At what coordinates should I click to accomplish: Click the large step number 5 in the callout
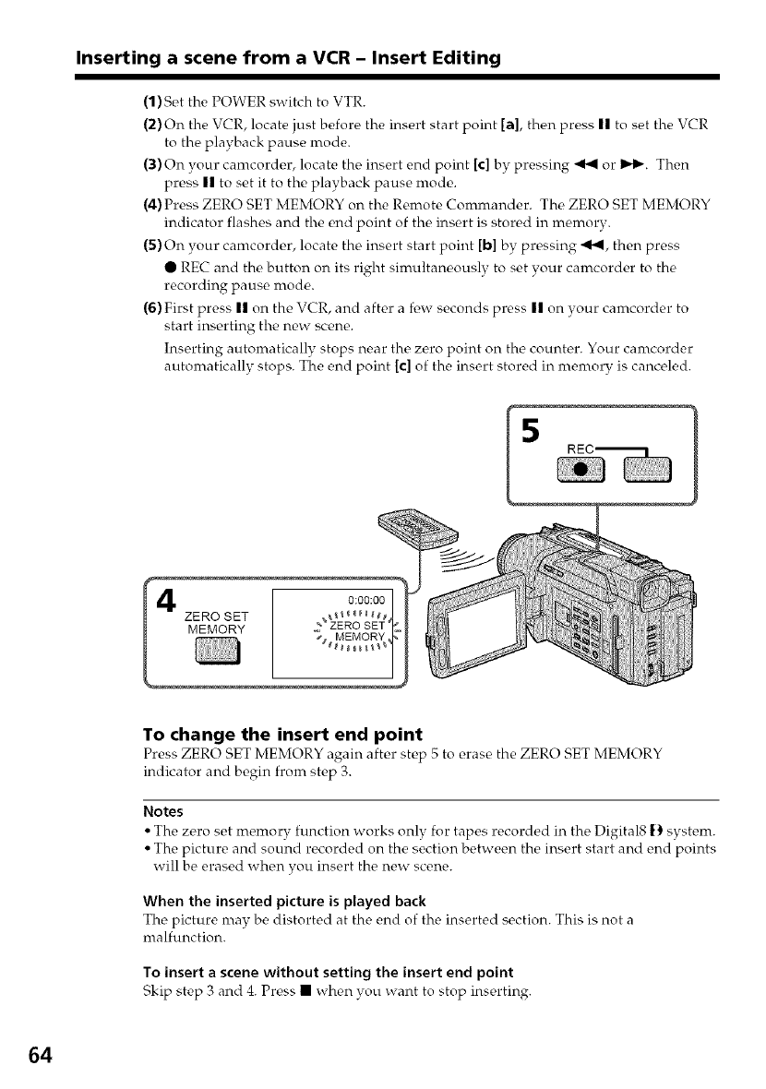pos(532,431)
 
